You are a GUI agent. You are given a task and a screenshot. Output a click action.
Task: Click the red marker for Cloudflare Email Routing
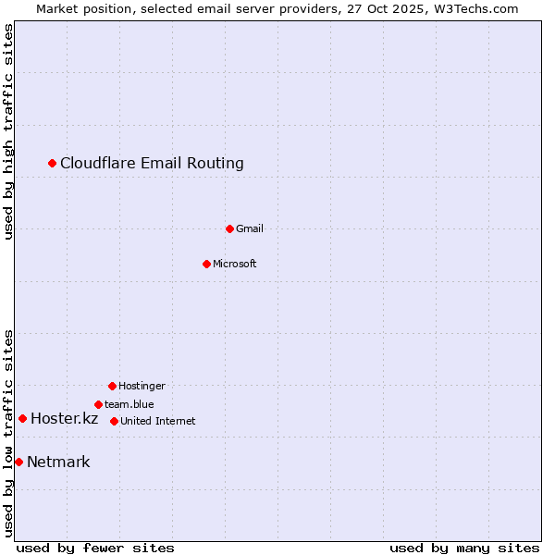[x=53, y=164]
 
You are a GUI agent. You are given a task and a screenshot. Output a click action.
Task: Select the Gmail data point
[x=230, y=228]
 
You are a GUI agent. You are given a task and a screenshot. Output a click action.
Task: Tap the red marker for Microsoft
[x=207, y=264]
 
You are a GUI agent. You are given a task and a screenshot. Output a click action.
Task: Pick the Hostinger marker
[x=112, y=386]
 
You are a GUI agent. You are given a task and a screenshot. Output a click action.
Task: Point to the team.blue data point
[x=98, y=404]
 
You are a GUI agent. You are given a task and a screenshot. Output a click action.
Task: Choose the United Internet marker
[x=115, y=421]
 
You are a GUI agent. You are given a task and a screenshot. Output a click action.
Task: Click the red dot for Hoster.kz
[x=23, y=418]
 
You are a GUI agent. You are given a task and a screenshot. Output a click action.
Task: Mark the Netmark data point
[x=18, y=462]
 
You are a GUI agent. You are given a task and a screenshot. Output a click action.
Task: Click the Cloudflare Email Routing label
[x=152, y=164]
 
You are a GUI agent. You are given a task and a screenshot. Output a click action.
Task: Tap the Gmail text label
[x=250, y=228]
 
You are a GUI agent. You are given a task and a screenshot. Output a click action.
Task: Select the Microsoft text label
[x=235, y=264]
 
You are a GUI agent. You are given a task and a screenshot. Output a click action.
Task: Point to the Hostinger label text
[x=142, y=386]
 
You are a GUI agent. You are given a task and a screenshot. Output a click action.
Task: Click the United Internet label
[x=158, y=421]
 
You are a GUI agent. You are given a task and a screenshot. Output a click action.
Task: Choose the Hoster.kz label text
[x=64, y=418]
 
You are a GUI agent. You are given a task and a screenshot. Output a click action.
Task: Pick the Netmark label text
[x=58, y=462]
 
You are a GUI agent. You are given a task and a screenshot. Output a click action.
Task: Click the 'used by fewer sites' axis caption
[x=95, y=548]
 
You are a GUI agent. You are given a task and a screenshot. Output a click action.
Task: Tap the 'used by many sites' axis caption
[x=464, y=548]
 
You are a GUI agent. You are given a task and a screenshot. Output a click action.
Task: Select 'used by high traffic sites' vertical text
[x=8, y=131]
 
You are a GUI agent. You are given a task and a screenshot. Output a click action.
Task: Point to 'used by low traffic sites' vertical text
[x=8, y=432]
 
